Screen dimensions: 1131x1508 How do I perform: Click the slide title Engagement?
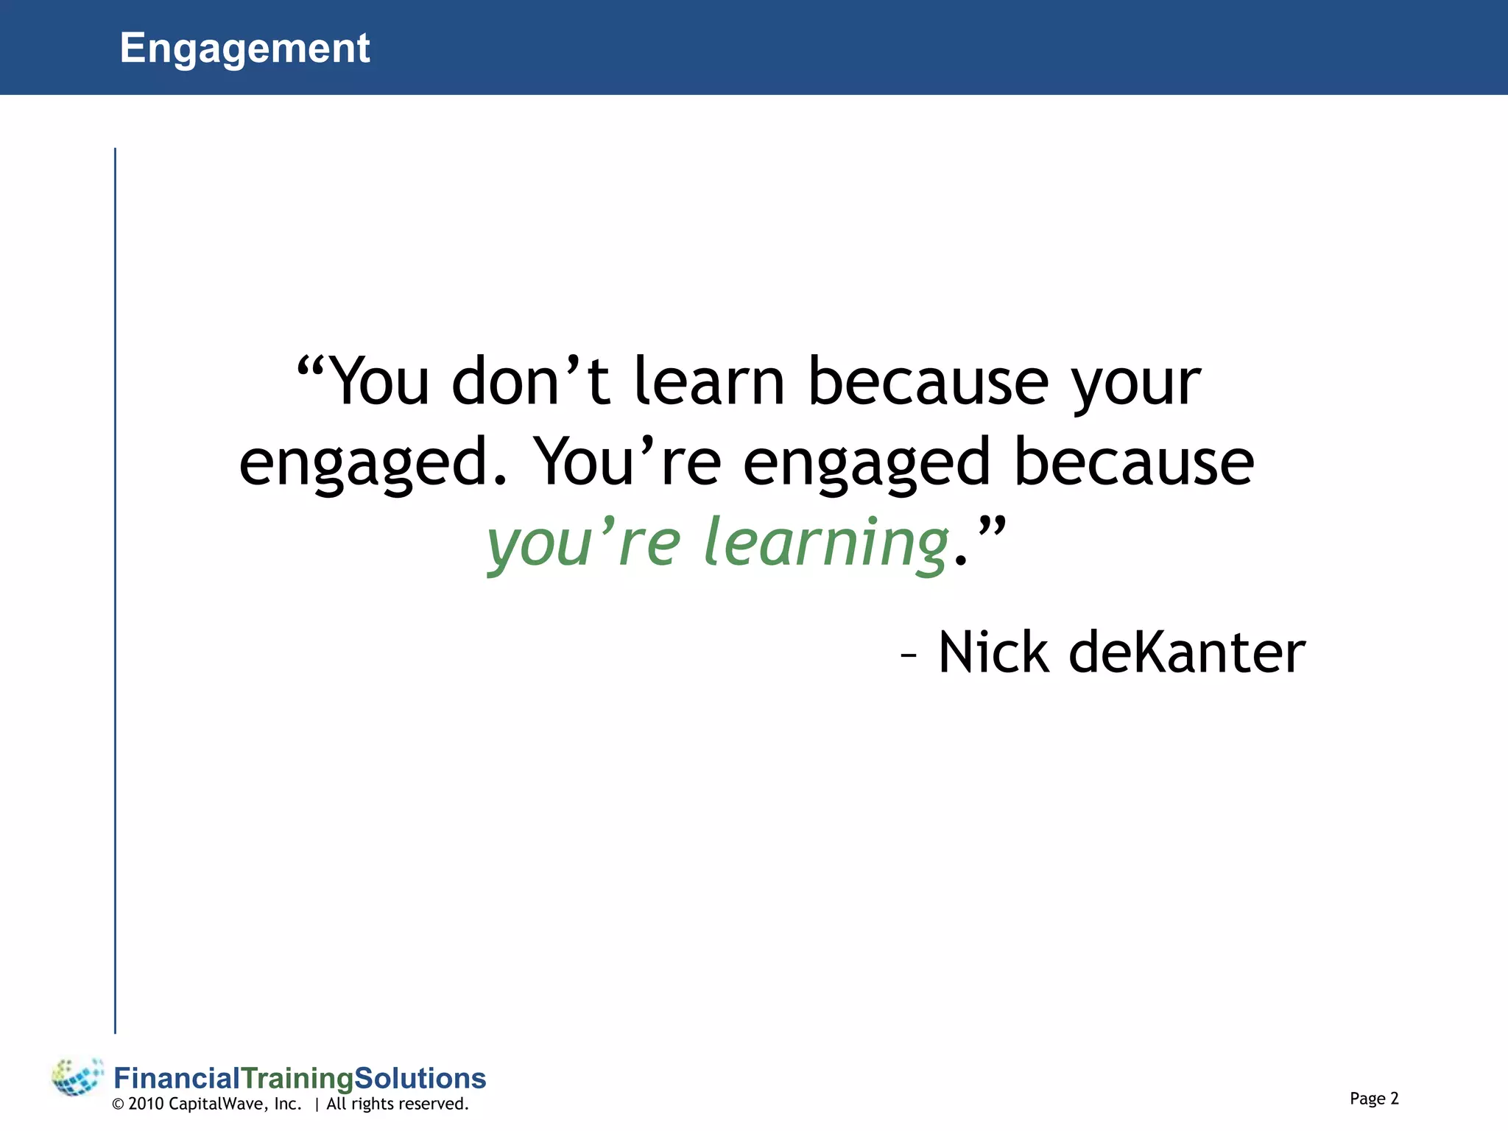244,49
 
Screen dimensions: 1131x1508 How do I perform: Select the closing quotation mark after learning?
991,526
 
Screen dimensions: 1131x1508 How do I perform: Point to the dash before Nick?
909,655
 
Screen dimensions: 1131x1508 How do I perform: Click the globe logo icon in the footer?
77,1077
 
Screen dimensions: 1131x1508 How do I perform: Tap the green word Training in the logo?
297,1079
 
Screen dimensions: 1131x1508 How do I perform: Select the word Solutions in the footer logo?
420,1078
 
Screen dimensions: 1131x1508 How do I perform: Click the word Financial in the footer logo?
177,1078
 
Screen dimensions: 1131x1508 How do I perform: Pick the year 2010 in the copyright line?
146,1104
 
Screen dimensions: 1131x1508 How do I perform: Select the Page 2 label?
1374,1098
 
